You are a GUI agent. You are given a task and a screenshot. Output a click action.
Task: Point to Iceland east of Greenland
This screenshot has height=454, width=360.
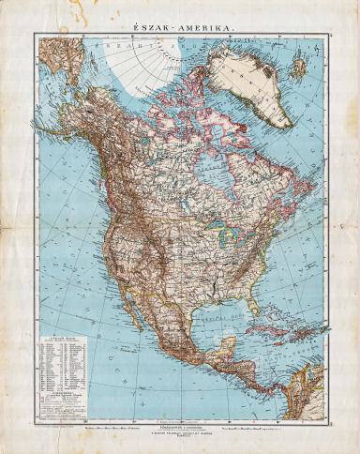299,68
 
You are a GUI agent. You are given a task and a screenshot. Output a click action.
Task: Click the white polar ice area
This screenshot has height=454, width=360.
141,62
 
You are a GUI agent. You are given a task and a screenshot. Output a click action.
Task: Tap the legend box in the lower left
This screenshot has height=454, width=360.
62,371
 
